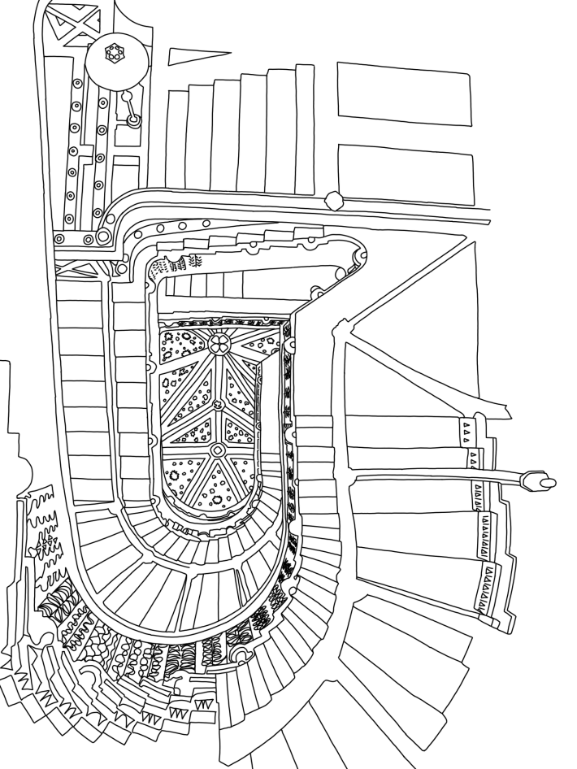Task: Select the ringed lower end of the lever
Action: tap(134, 120)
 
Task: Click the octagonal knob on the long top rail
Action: tap(333, 199)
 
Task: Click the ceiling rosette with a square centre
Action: tap(218, 450)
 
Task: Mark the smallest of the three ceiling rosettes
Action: tap(217, 404)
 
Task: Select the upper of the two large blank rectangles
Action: tap(404, 93)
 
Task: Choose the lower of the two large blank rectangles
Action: tap(404, 174)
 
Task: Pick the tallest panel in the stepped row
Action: tap(305, 130)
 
